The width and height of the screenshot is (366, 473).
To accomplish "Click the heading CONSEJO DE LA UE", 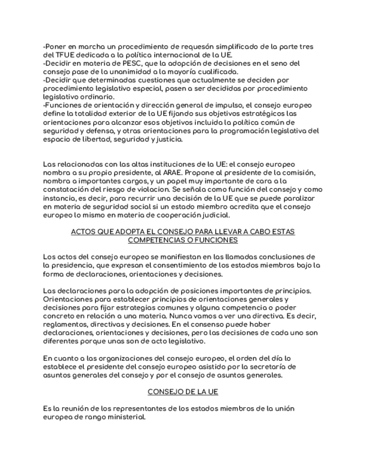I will [x=183, y=392].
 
